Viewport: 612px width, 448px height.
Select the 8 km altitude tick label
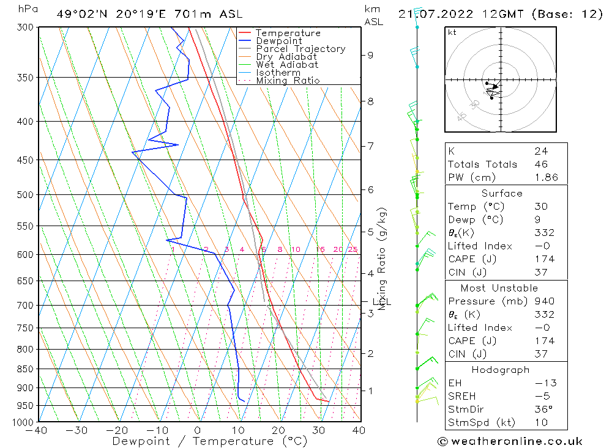370,101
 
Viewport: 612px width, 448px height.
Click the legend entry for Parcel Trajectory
300,49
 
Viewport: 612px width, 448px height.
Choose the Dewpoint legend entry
278,41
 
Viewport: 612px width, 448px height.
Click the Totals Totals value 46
541,164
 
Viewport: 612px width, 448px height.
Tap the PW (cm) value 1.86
546,178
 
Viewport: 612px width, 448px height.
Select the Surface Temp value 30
541,207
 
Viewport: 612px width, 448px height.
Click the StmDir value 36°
543,409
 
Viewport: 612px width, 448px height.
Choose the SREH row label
462,396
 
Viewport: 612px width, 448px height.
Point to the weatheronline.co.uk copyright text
510,441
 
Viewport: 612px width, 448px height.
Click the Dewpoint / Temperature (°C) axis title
210,441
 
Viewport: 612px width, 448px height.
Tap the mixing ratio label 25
353,249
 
